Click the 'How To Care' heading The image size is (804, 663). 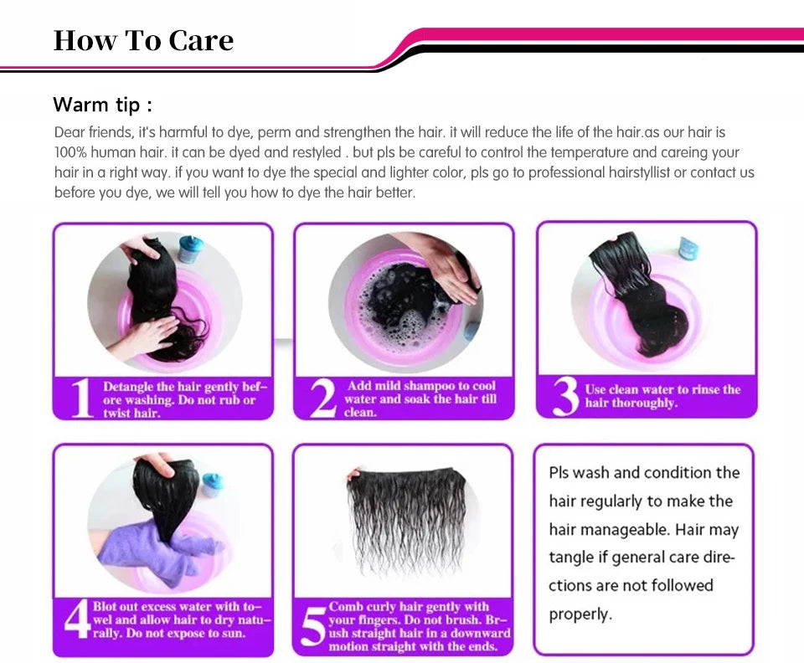pos(143,40)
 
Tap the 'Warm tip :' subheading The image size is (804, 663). pos(102,105)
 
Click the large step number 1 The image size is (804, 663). pos(81,398)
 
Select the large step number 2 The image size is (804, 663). pos(323,398)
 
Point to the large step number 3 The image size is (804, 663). pos(566,397)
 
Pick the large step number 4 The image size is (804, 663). pos(77,619)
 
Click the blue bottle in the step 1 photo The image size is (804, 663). pos(191,249)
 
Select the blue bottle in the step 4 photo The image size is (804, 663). pos(213,485)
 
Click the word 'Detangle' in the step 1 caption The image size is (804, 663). pos(128,387)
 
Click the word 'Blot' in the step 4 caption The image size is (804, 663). pos(106,607)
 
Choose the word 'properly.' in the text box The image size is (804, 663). pos(580,614)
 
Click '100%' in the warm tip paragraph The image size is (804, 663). pos(70,152)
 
